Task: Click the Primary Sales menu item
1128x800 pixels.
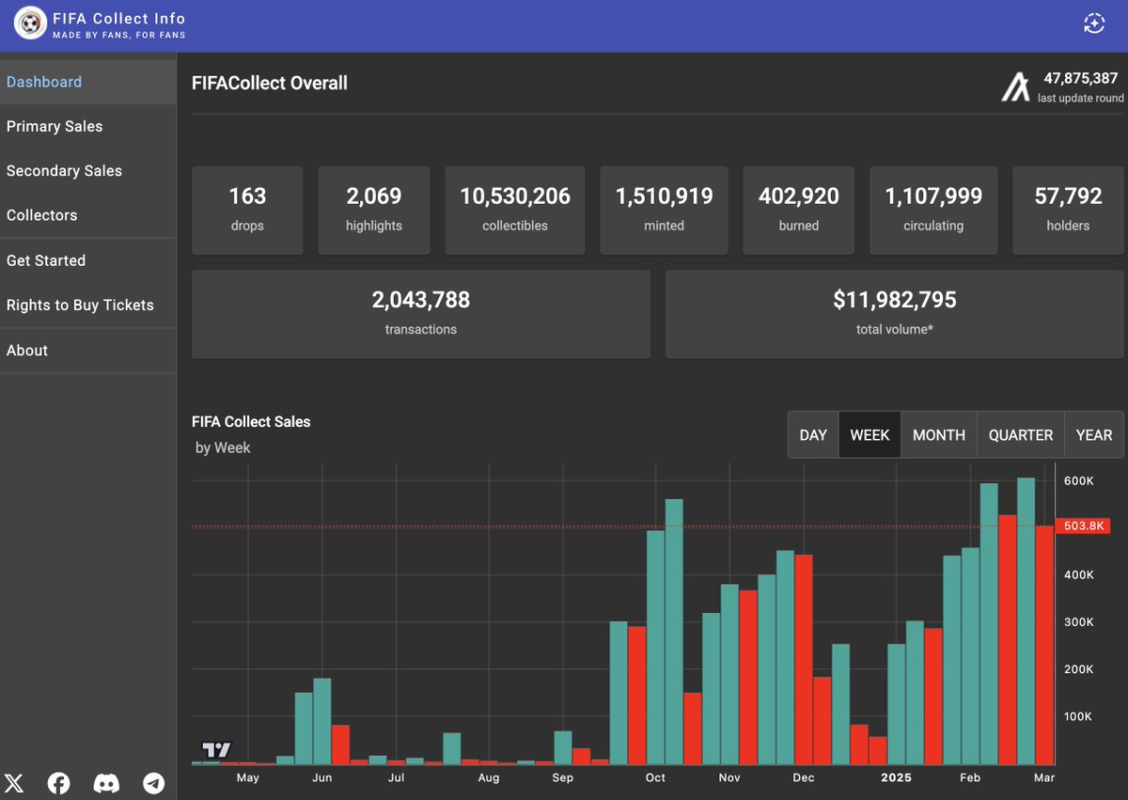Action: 55,126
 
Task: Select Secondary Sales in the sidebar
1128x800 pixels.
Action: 64,170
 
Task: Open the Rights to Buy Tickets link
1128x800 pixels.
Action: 80,305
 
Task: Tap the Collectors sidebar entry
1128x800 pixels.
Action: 42,215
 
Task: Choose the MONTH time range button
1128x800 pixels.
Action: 938,435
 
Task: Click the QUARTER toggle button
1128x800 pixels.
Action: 1020,435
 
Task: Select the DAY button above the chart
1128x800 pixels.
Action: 813,435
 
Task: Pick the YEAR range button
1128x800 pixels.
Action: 1093,435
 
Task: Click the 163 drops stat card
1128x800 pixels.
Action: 247,210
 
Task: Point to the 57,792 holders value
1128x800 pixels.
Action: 1068,196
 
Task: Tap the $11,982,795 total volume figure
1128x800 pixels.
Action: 894,300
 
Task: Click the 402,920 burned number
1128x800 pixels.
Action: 798,196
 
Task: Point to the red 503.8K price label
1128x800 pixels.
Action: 1083,525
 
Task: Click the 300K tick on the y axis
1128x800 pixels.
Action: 1078,622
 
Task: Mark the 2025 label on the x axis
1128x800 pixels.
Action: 896,777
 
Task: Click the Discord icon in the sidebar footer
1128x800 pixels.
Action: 107,783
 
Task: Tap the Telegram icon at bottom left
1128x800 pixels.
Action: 153,783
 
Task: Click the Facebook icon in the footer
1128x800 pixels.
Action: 59,783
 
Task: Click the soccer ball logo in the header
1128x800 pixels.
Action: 30,24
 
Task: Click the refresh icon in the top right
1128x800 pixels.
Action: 1093,24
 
